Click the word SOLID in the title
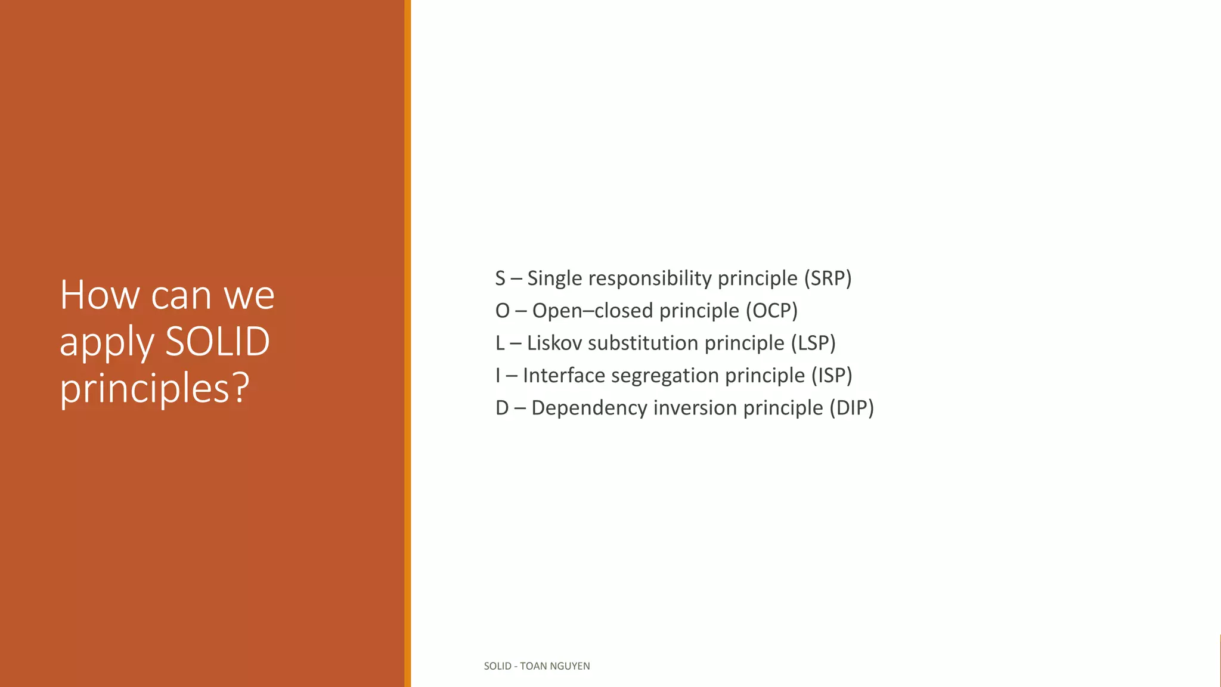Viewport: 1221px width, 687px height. pyautogui.click(x=218, y=342)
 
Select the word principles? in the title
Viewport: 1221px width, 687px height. pyautogui.click(x=154, y=388)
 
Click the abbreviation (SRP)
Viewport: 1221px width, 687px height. pyautogui.click(x=828, y=278)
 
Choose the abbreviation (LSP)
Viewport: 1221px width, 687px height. pyautogui.click(x=813, y=343)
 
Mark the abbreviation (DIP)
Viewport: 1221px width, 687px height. pyautogui.click(x=851, y=408)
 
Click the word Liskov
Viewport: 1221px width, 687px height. pyautogui.click(x=553, y=343)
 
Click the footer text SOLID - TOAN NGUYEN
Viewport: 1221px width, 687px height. pyautogui.click(x=537, y=666)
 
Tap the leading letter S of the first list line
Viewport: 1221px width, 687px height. pyautogui.click(x=500, y=278)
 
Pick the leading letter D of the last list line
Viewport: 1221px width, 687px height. pyautogui.click(x=502, y=408)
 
